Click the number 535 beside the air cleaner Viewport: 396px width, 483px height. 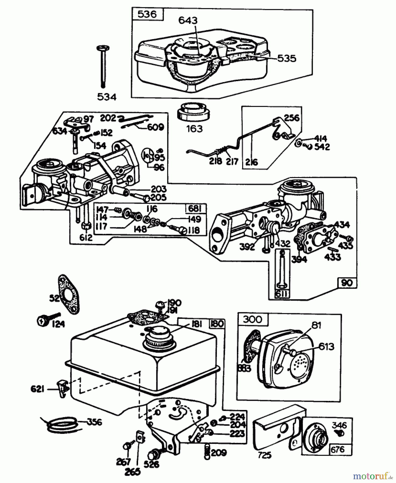[286, 58]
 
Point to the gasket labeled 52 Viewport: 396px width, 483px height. [69, 293]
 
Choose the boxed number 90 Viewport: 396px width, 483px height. [347, 283]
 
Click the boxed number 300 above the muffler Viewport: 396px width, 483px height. [253, 319]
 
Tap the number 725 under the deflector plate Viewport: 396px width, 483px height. [264, 455]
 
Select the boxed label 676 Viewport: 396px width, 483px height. [337, 449]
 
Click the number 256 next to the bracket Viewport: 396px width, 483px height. [292, 118]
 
